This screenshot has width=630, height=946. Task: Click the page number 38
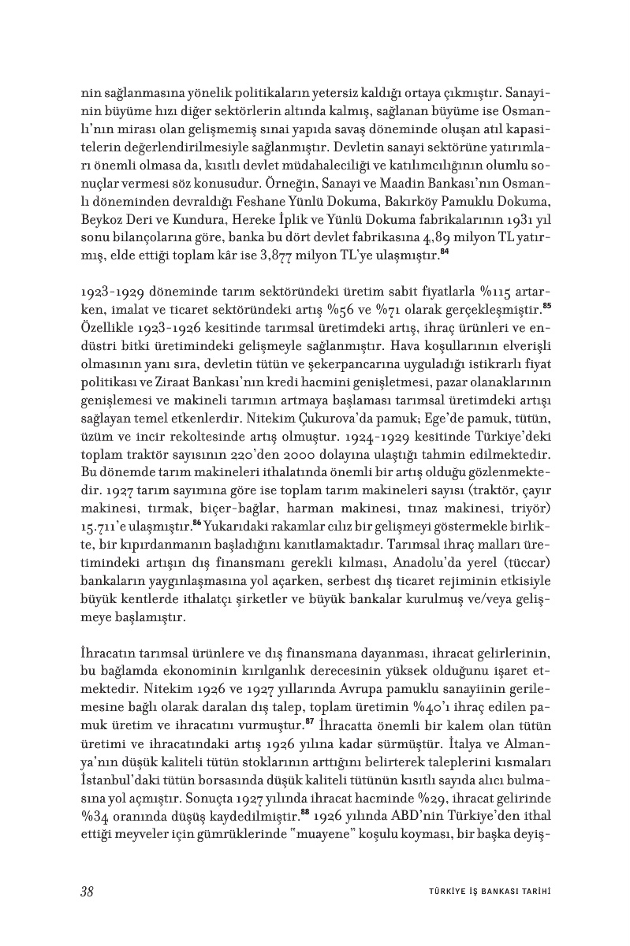(88, 892)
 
